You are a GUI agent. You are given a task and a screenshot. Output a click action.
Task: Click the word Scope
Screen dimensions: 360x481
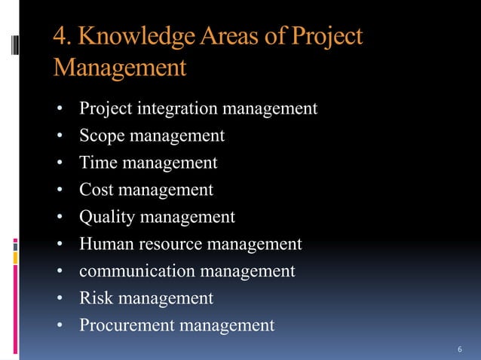click(x=102, y=136)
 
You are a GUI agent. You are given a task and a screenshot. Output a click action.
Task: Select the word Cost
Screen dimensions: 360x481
click(x=98, y=191)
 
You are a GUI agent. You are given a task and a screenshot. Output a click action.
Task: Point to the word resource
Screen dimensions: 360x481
click(x=170, y=245)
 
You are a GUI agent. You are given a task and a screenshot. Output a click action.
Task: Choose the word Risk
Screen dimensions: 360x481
click(x=97, y=299)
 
